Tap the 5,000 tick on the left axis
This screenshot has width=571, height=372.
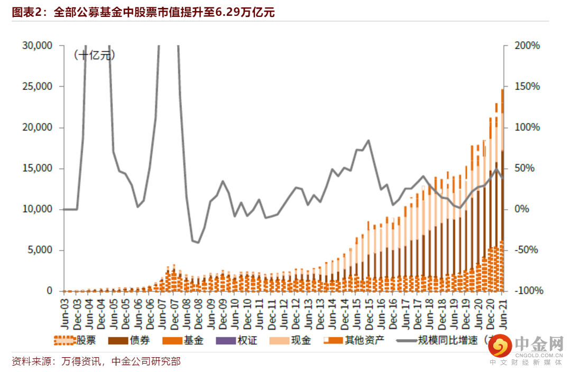tap(40, 250)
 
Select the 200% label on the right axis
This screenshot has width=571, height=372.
tap(527, 45)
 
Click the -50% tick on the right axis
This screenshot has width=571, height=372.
tap(527, 250)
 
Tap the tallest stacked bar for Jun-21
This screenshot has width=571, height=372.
tap(502, 190)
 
